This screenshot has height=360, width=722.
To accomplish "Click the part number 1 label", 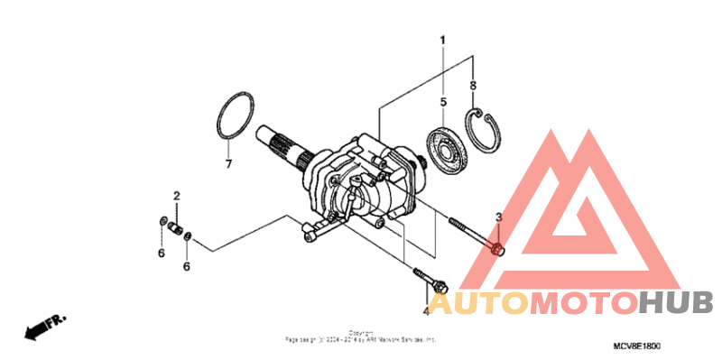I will [x=443, y=41].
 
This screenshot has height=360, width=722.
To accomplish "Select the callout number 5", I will [x=443, y=102].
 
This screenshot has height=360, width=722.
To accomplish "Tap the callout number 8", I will [x=472, y=85].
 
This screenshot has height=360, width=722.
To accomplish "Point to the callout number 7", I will [x=228, y=165].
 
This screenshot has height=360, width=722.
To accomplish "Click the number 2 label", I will [x=177, y=196].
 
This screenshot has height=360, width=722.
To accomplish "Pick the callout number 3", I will [x=498, y=218].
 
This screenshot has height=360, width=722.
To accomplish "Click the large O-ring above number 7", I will [x=234, y=115].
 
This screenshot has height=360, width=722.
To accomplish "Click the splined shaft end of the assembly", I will [x=276, y=144].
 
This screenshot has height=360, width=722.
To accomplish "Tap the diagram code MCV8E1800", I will [x=636, y=346].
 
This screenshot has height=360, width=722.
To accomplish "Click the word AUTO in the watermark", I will [x=478, y=302].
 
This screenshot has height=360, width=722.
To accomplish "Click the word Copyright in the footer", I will [x=361, y=333].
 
